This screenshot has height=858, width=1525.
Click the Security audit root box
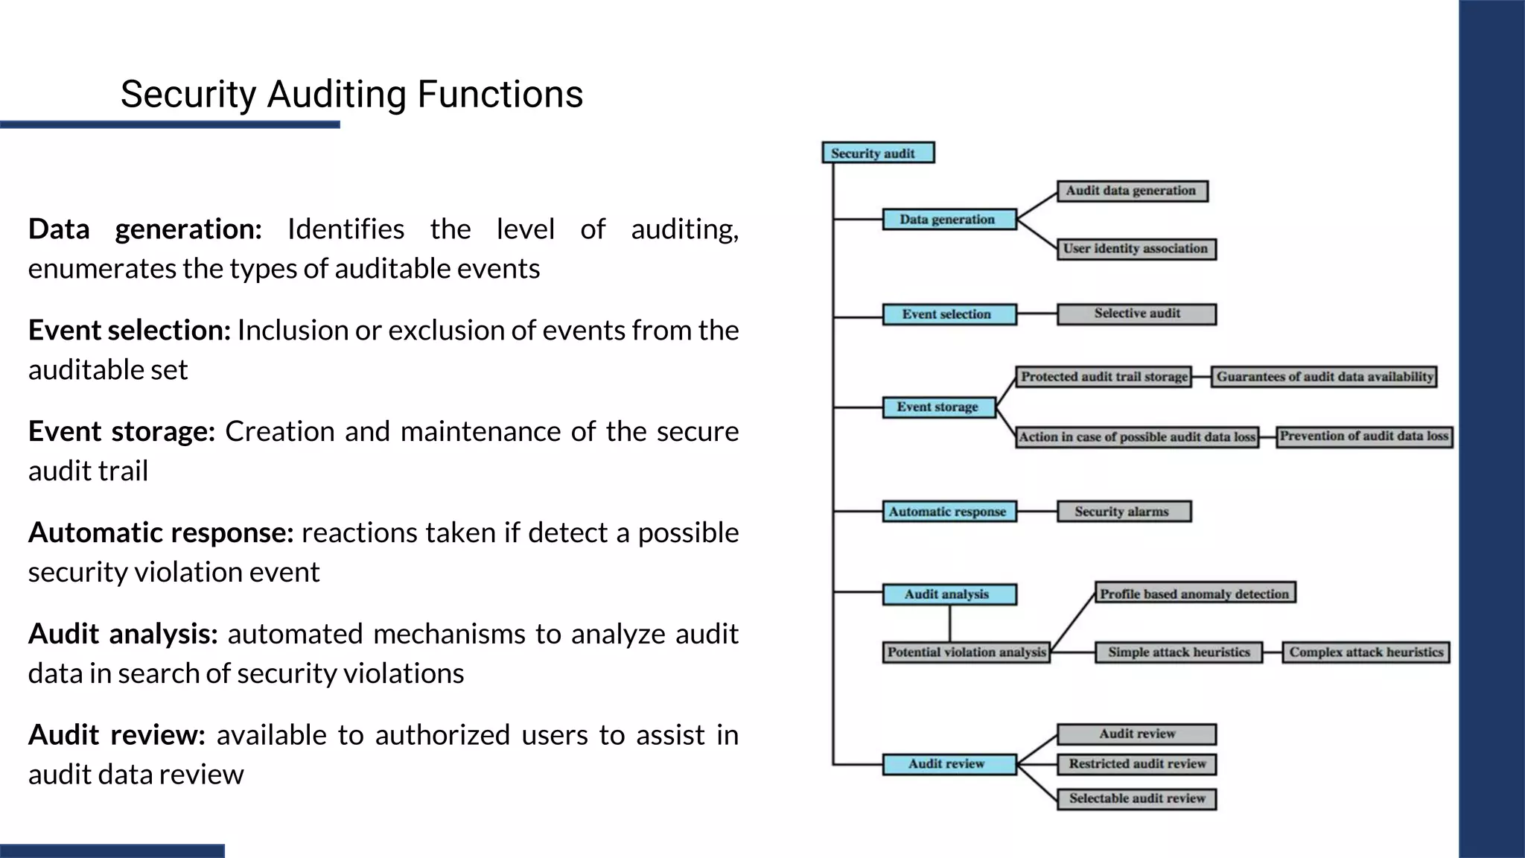click(877, 153)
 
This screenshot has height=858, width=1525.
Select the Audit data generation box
click(1132, 191)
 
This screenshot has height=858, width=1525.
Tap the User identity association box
click(1136, 249)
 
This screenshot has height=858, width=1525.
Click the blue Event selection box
click(949, 314)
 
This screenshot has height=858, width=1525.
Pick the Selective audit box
click(1136, 314)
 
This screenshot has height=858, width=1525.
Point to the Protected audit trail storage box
click(1104, 377)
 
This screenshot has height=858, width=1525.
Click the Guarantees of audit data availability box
click(1324, 377)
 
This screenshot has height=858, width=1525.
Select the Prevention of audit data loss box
click(1364, 436)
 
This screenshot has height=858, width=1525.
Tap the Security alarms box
click(1124, 512)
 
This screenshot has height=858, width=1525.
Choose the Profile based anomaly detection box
click(1195, 594)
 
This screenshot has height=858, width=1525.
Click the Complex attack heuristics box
click(1366, 652)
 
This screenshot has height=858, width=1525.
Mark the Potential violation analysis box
click(966, 652)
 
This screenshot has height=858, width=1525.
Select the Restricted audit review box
click(1136, 764)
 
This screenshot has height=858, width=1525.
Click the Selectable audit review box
click(1136, 799)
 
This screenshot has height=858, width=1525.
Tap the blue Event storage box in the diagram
click(938, 407)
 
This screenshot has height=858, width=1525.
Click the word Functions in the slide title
click(500, 95)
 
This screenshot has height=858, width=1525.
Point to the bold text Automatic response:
click(161, 533)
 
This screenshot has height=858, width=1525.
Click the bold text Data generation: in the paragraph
click(144, 229)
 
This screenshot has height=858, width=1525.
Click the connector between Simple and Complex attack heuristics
click(1273, 653)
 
